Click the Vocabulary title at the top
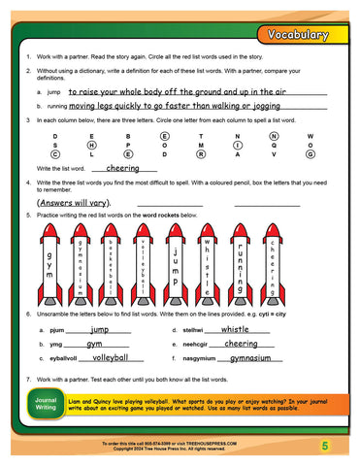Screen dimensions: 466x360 302,35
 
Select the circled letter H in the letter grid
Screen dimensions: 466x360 90,145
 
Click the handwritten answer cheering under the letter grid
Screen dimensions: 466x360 123,168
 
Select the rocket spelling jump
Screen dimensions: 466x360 175,251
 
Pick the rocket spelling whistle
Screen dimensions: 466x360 206,251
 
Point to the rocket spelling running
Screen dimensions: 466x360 241,251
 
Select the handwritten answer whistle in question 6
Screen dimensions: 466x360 229,330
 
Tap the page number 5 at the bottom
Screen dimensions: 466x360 326,445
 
